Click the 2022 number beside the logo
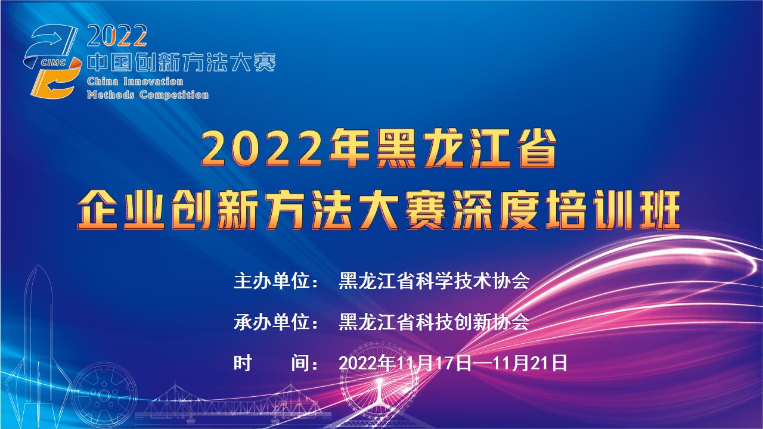pos(117,37)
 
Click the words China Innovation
pos(135,82)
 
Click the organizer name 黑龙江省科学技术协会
pos(434,281)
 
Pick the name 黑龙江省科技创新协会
pos(434,322)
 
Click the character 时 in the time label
pos(243,362)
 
